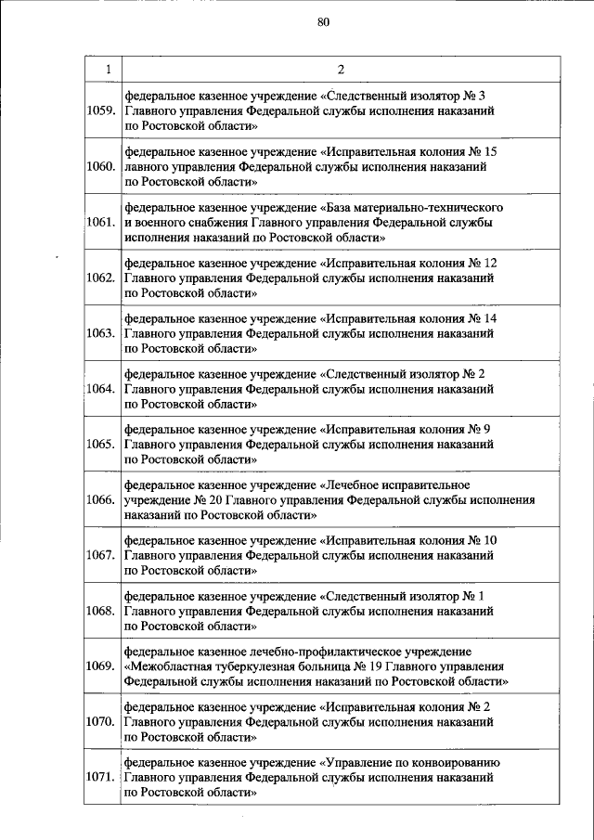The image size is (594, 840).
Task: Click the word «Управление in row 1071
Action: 357,762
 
